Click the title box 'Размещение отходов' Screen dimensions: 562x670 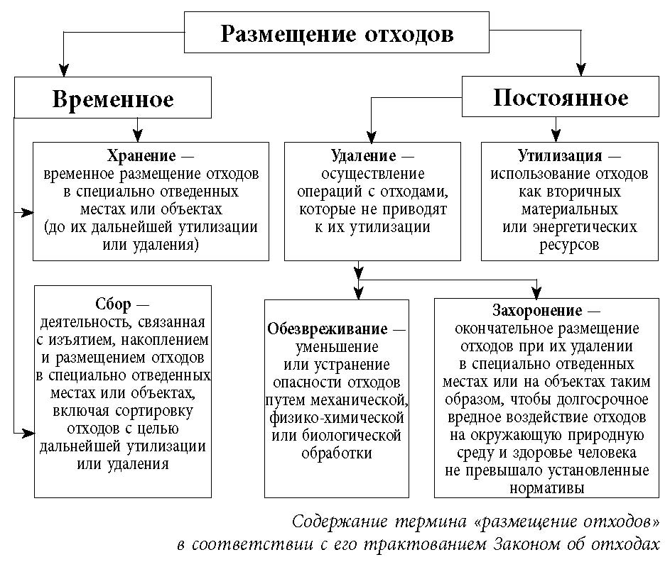[336, 33]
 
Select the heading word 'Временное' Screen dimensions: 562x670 [112, 99]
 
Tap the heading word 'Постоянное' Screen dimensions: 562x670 [561, 97]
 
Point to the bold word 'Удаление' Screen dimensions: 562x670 [363, 155]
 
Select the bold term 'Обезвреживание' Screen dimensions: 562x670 [328, 329]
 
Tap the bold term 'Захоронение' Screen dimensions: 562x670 [537, 311]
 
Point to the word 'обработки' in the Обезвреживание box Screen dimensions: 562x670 [337, 452]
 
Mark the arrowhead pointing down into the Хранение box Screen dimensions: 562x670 [138, 136]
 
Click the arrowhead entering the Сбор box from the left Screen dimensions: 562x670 [28, 430]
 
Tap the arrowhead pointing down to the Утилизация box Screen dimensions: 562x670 [556, 136]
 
